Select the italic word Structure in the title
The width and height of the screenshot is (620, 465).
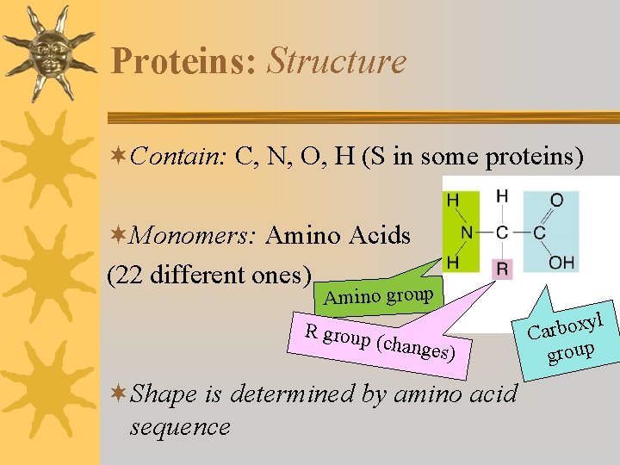tap(337, 62)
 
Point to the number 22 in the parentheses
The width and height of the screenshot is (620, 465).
tap(130, 275)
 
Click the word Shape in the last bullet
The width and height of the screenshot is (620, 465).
tap(165, 394)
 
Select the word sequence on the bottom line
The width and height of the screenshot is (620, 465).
tap(179, 426)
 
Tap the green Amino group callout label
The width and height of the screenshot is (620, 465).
tap(379, 296)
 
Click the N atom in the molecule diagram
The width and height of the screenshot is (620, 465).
tap(466, 232)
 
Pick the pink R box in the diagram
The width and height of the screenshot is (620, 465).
tap(503, 269)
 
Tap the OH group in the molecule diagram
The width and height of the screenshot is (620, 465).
tap(561, 262)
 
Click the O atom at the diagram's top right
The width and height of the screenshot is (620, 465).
tap(557, 200)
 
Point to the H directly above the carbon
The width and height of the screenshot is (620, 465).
tap(503, 197)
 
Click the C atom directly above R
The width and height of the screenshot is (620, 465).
tap(503, 232)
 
